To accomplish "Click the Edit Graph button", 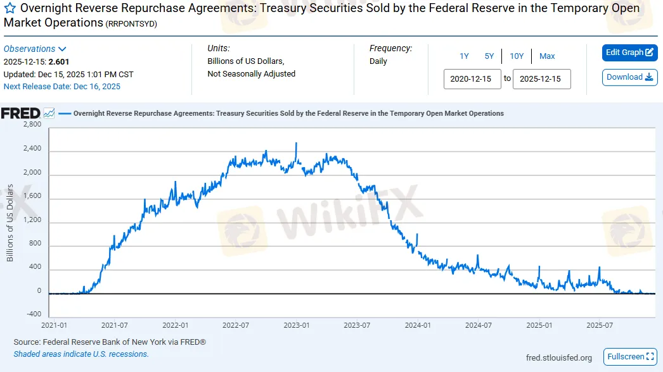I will pos(629,53).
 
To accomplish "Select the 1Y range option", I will pos(464,56).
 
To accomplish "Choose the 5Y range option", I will pos(489,56).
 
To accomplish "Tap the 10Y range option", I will pos(517,56).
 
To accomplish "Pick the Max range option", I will pos(547,56).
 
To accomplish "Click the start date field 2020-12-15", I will pos(472,79).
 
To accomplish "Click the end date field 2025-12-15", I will pos(541,79).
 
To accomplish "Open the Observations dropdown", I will pos(35,49).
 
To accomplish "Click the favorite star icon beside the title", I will pos(10,9).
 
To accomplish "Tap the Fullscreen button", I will pos(629,357).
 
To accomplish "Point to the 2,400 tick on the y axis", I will pos(32,149).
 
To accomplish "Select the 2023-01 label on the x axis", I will pos(296,325).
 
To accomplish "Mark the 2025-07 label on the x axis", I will pos(599,325).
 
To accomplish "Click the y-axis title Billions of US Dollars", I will pos(10,223).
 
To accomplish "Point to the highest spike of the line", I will pos(296,144).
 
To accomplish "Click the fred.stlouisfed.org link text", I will pos(559,358).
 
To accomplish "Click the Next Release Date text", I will pos(62,87).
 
